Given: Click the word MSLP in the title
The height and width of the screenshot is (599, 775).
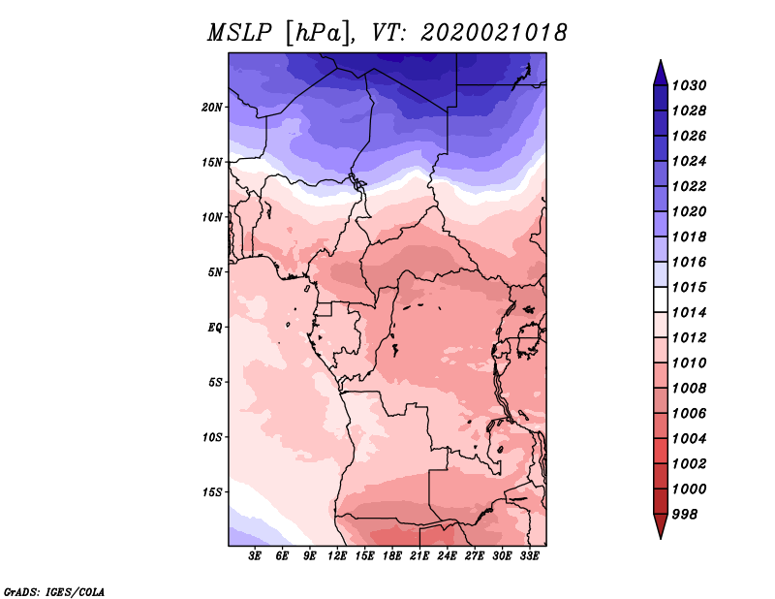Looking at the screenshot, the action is [239, 33].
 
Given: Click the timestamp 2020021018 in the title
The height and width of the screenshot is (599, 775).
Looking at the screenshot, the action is [494, 33].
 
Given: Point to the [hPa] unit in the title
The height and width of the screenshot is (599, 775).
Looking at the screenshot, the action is [318, 33].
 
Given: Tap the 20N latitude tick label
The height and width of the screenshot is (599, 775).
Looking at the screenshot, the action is [212, 107].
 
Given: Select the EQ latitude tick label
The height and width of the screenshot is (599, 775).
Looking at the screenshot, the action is [215, 327].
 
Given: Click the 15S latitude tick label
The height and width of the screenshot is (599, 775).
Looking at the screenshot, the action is [212, 491].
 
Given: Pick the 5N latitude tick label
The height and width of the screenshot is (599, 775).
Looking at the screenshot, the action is [214, 272].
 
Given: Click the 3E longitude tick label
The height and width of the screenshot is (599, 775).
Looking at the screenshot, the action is [254, 555].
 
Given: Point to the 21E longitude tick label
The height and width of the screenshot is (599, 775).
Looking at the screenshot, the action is [419, 555].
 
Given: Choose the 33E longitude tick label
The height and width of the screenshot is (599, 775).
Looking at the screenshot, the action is [529, 555].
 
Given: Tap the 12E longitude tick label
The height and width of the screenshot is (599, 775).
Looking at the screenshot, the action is [336, 555].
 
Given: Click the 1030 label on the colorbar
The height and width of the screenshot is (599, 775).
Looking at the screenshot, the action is [690, 85].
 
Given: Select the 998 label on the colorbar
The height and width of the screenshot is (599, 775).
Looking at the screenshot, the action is [685, 514].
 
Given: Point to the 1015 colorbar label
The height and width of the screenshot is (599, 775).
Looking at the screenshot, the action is [690, 287].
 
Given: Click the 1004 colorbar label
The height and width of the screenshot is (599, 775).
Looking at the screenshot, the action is [690, 438].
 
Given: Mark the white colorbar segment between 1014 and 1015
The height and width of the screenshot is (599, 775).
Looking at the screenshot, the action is [661, 299].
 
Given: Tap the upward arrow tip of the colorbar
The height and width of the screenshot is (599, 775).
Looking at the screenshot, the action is [661, 60].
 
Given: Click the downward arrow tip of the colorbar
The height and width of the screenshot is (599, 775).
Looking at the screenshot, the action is [661, 539].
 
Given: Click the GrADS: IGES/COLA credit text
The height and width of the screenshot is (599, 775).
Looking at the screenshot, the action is [54, 592].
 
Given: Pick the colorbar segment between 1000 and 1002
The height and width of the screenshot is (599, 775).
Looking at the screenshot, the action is [661, 476].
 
